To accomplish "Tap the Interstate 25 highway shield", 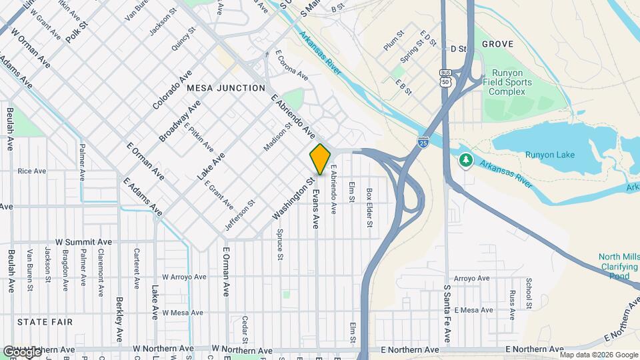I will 423,141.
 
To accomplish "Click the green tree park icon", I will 465,160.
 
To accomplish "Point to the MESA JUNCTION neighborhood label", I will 226,88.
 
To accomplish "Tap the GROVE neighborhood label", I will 497,44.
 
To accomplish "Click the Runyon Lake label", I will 549,155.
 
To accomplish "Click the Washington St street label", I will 293,199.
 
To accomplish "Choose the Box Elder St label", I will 369,207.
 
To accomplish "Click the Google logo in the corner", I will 21,351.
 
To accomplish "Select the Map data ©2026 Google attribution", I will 598,355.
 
